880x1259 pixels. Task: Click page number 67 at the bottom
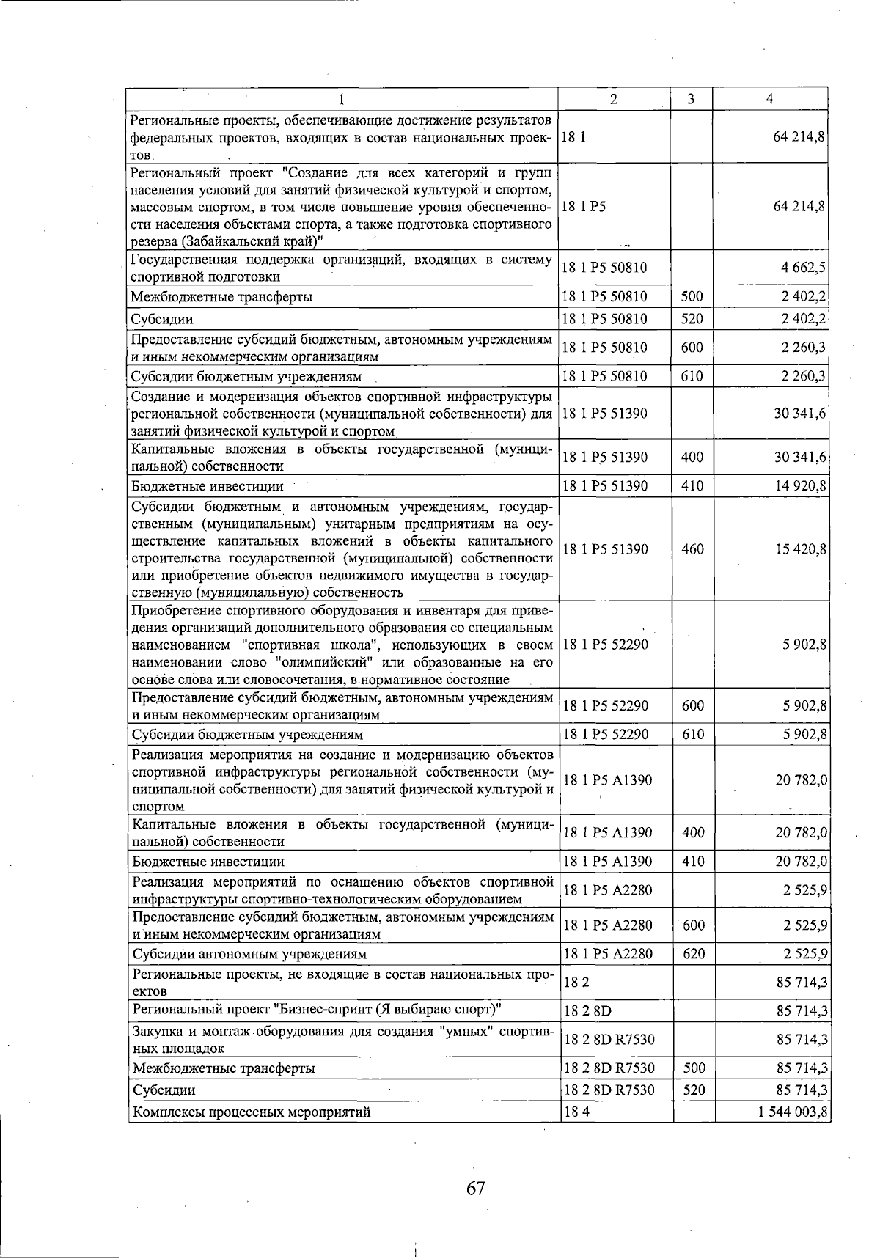[475, 1188]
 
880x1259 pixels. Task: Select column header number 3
[691, 99]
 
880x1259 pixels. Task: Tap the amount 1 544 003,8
[793, 1112]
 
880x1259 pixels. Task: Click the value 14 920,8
[801, 485]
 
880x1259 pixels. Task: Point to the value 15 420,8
[801, 549]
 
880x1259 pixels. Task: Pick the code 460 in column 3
[692, 549]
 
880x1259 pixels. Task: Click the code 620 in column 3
[693, 954]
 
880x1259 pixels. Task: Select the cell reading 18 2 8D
[587, 1011]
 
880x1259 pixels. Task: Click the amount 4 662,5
[804, 268]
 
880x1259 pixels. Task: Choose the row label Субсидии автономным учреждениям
[249, 954]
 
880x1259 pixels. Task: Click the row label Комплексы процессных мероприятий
[251, 1112]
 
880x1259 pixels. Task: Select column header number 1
[342, 99]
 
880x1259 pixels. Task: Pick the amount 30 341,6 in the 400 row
[801, 458]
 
